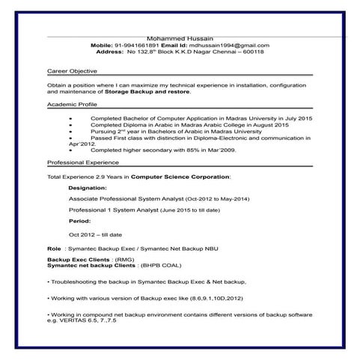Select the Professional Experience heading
click(x=83, y=162)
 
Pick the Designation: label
click(x=88, y=188)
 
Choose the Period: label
click(x=79, y=222)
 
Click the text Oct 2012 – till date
click(x=95, y=234)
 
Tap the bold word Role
click(x=54, y=247)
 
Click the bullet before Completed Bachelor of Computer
click(x=70, y=118)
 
